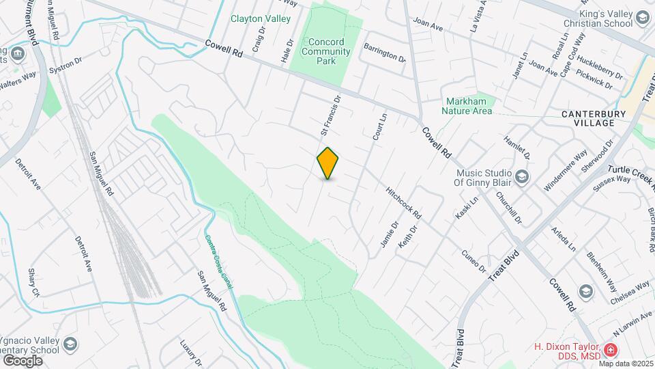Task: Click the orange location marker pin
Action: [328, 163]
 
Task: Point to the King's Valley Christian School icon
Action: [642, 17]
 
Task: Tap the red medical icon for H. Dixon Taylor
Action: [609, 351]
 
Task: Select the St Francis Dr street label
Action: [330, 115]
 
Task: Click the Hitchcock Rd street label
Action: [403, 203]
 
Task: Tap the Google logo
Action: [22, 360]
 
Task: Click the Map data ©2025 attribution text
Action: [626, 363]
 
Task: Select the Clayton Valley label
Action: [261, 19]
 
